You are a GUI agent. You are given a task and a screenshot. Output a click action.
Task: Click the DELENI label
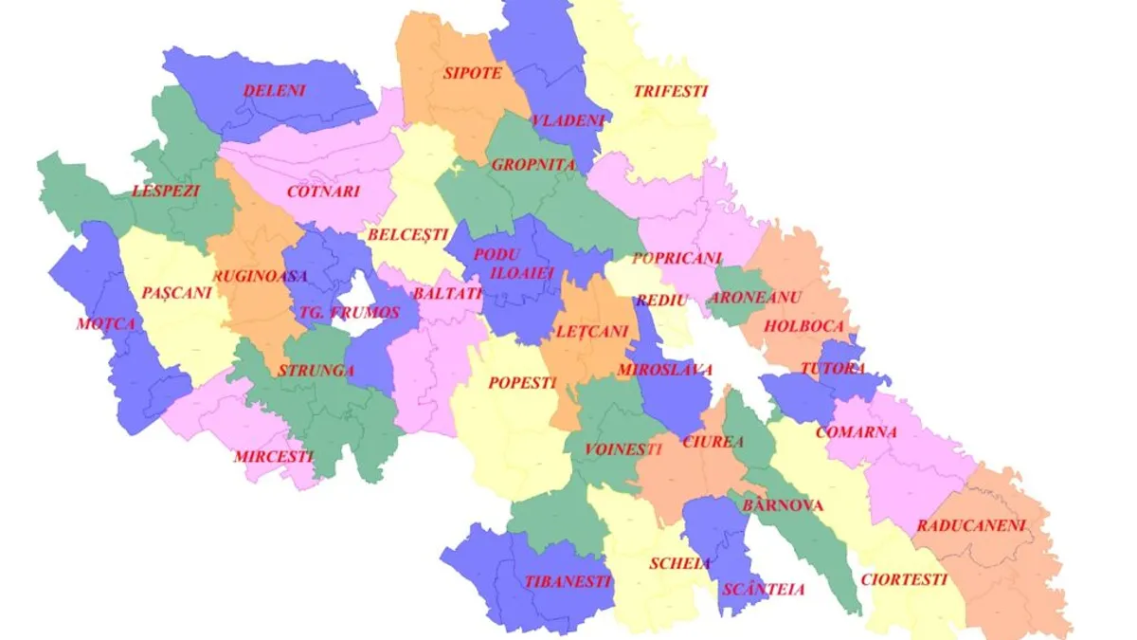(274, 91)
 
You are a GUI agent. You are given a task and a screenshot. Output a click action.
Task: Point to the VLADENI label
(568, 120)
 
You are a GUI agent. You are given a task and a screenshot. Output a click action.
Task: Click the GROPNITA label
(533, 164)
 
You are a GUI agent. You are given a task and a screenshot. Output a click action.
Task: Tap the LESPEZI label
(167, 191)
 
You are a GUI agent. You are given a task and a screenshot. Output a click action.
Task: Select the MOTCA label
(107, 323)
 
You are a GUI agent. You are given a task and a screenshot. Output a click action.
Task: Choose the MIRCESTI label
(274, 456)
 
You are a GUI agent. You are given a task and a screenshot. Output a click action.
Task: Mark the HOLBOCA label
(803, 325)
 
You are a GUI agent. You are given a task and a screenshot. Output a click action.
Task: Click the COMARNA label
(856, 431)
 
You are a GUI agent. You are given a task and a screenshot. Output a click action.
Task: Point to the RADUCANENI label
(971, 525)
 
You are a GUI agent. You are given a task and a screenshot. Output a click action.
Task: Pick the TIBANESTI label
(568, 581)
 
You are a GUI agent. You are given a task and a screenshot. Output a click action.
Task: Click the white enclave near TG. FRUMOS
(364, 293)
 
